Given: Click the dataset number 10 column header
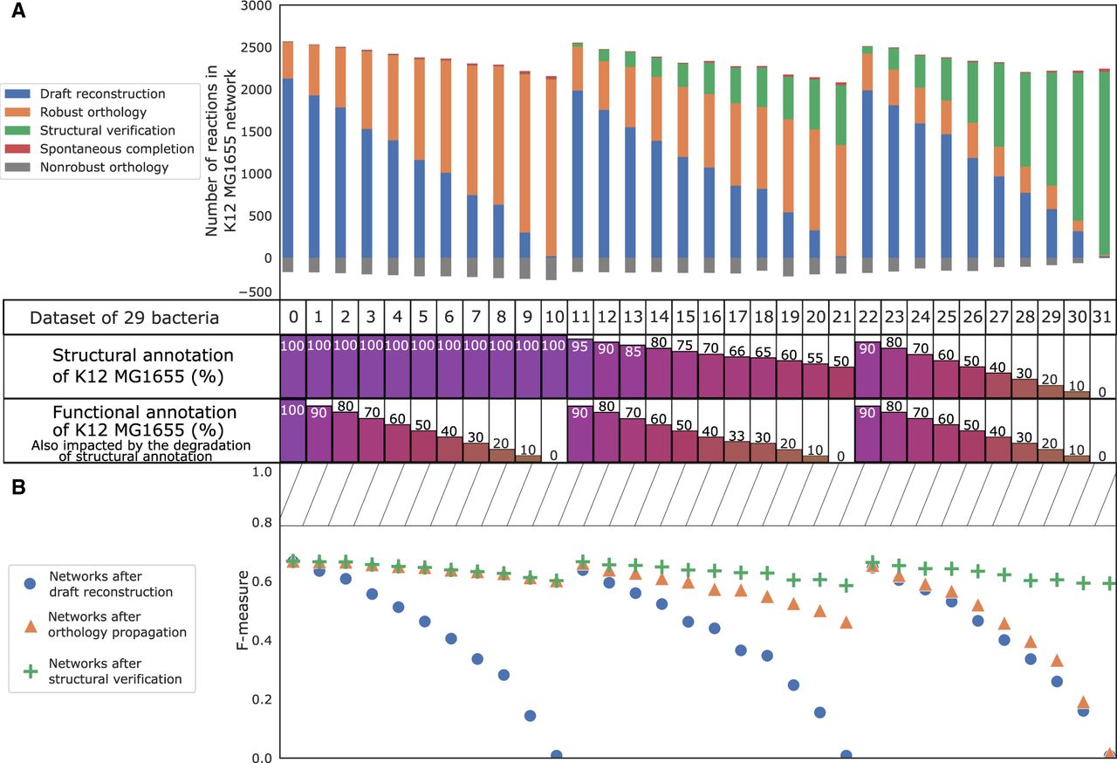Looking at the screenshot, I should tap(554, 316).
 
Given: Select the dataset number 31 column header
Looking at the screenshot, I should tap(1103, 316).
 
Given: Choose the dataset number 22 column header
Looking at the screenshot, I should tap(868, 316).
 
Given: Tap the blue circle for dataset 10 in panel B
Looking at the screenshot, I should tap(556, 756).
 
